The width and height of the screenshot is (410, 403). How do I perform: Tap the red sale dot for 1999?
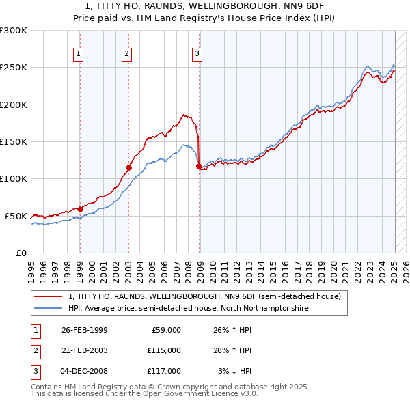80,209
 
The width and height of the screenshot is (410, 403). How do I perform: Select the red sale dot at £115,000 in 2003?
128,167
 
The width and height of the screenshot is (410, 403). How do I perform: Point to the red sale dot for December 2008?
199,166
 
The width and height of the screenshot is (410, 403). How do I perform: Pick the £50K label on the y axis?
16,216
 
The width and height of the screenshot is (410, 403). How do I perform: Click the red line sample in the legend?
49,296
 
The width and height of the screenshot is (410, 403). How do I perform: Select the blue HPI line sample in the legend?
49,308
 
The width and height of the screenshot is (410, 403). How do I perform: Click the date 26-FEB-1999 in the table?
85,330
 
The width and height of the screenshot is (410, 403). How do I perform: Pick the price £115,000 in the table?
163,350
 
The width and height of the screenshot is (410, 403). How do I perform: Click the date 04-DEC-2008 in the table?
85,371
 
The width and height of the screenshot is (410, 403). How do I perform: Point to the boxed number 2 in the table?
34,350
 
